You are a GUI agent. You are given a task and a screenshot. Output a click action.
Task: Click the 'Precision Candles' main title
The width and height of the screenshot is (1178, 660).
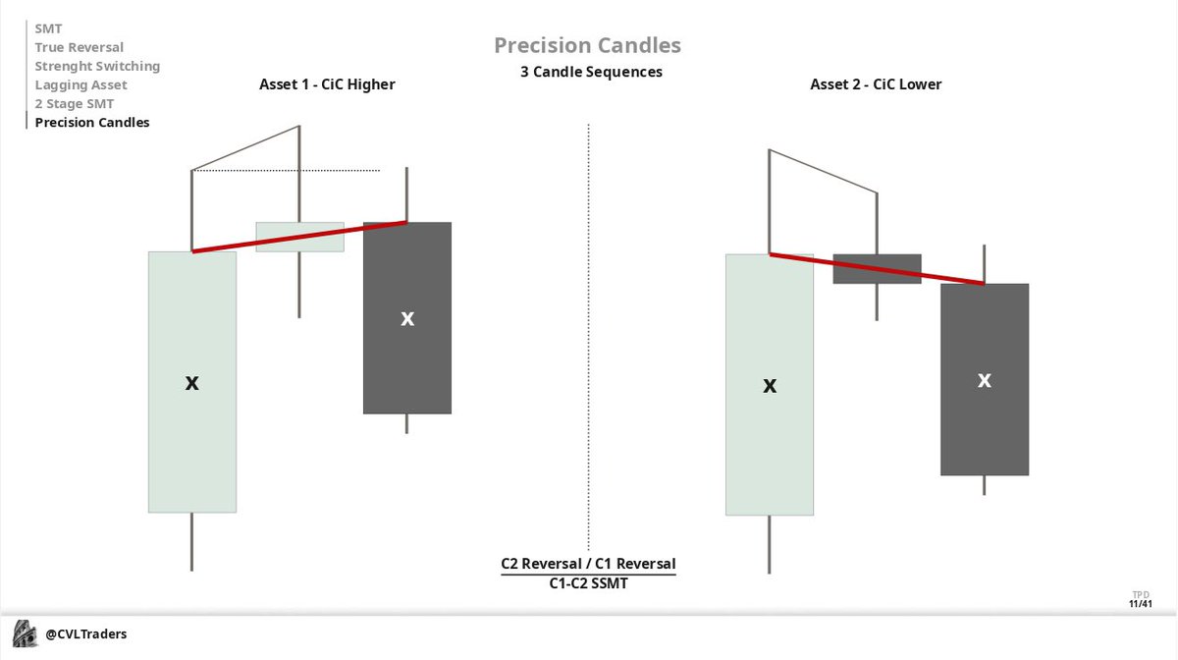pyautogui.click(x=587, y=45)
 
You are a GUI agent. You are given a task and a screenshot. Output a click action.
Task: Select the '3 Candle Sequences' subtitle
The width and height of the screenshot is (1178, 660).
pyautogui.click(x=591, y=72)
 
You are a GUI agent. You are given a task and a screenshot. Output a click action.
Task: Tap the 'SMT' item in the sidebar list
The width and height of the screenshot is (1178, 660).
pyautogui.click(x=48, y=28)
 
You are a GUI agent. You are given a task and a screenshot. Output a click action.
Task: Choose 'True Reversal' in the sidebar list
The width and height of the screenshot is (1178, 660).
pyautogui.click(x=79, y=47)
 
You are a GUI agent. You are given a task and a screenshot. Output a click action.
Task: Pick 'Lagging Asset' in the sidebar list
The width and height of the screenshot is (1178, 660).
pyautogui.click(x=80, y=84)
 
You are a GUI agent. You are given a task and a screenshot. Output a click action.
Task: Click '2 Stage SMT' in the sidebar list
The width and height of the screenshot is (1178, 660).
pyautogui.click(x=74, y=103)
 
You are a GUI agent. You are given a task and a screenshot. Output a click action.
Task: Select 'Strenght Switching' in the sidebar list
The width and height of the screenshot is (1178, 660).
pyautogui.click(x=97, y=66)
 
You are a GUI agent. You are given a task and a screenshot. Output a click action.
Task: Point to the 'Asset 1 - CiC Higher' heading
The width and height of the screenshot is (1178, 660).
pyautogui.click(x=327, y=84)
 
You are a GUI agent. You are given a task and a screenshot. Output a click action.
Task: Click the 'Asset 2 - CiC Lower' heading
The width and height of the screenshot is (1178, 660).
pyautogui.click(x=876, y=84)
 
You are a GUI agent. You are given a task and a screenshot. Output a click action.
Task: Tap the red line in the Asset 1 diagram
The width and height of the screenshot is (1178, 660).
pyautogui.click(x=299, y=237)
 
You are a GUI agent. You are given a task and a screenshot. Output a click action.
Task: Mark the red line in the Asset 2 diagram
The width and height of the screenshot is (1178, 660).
pyautogui.click(x=877, y=268)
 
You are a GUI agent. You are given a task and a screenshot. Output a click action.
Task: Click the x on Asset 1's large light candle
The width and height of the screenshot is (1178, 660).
pyautogui.click(x=192, y=383)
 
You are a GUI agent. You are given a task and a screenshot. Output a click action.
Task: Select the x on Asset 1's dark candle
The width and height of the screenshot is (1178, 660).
pyautogui.click(x=407, y=318)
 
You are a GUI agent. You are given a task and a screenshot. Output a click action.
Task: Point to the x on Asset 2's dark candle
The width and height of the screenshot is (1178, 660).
pyautogui.click(x=985, y=379)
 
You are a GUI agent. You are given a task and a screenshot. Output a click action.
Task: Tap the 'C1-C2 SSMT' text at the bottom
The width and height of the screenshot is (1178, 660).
pyautogui.click(x=588, y=583)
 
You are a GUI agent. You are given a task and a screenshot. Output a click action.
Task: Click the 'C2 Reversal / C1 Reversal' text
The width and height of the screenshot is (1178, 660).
pyautogui.click(x=588, y=564)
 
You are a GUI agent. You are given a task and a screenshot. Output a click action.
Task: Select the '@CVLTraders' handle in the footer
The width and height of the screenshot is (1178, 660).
pyautogui.click(x=86, y=634)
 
